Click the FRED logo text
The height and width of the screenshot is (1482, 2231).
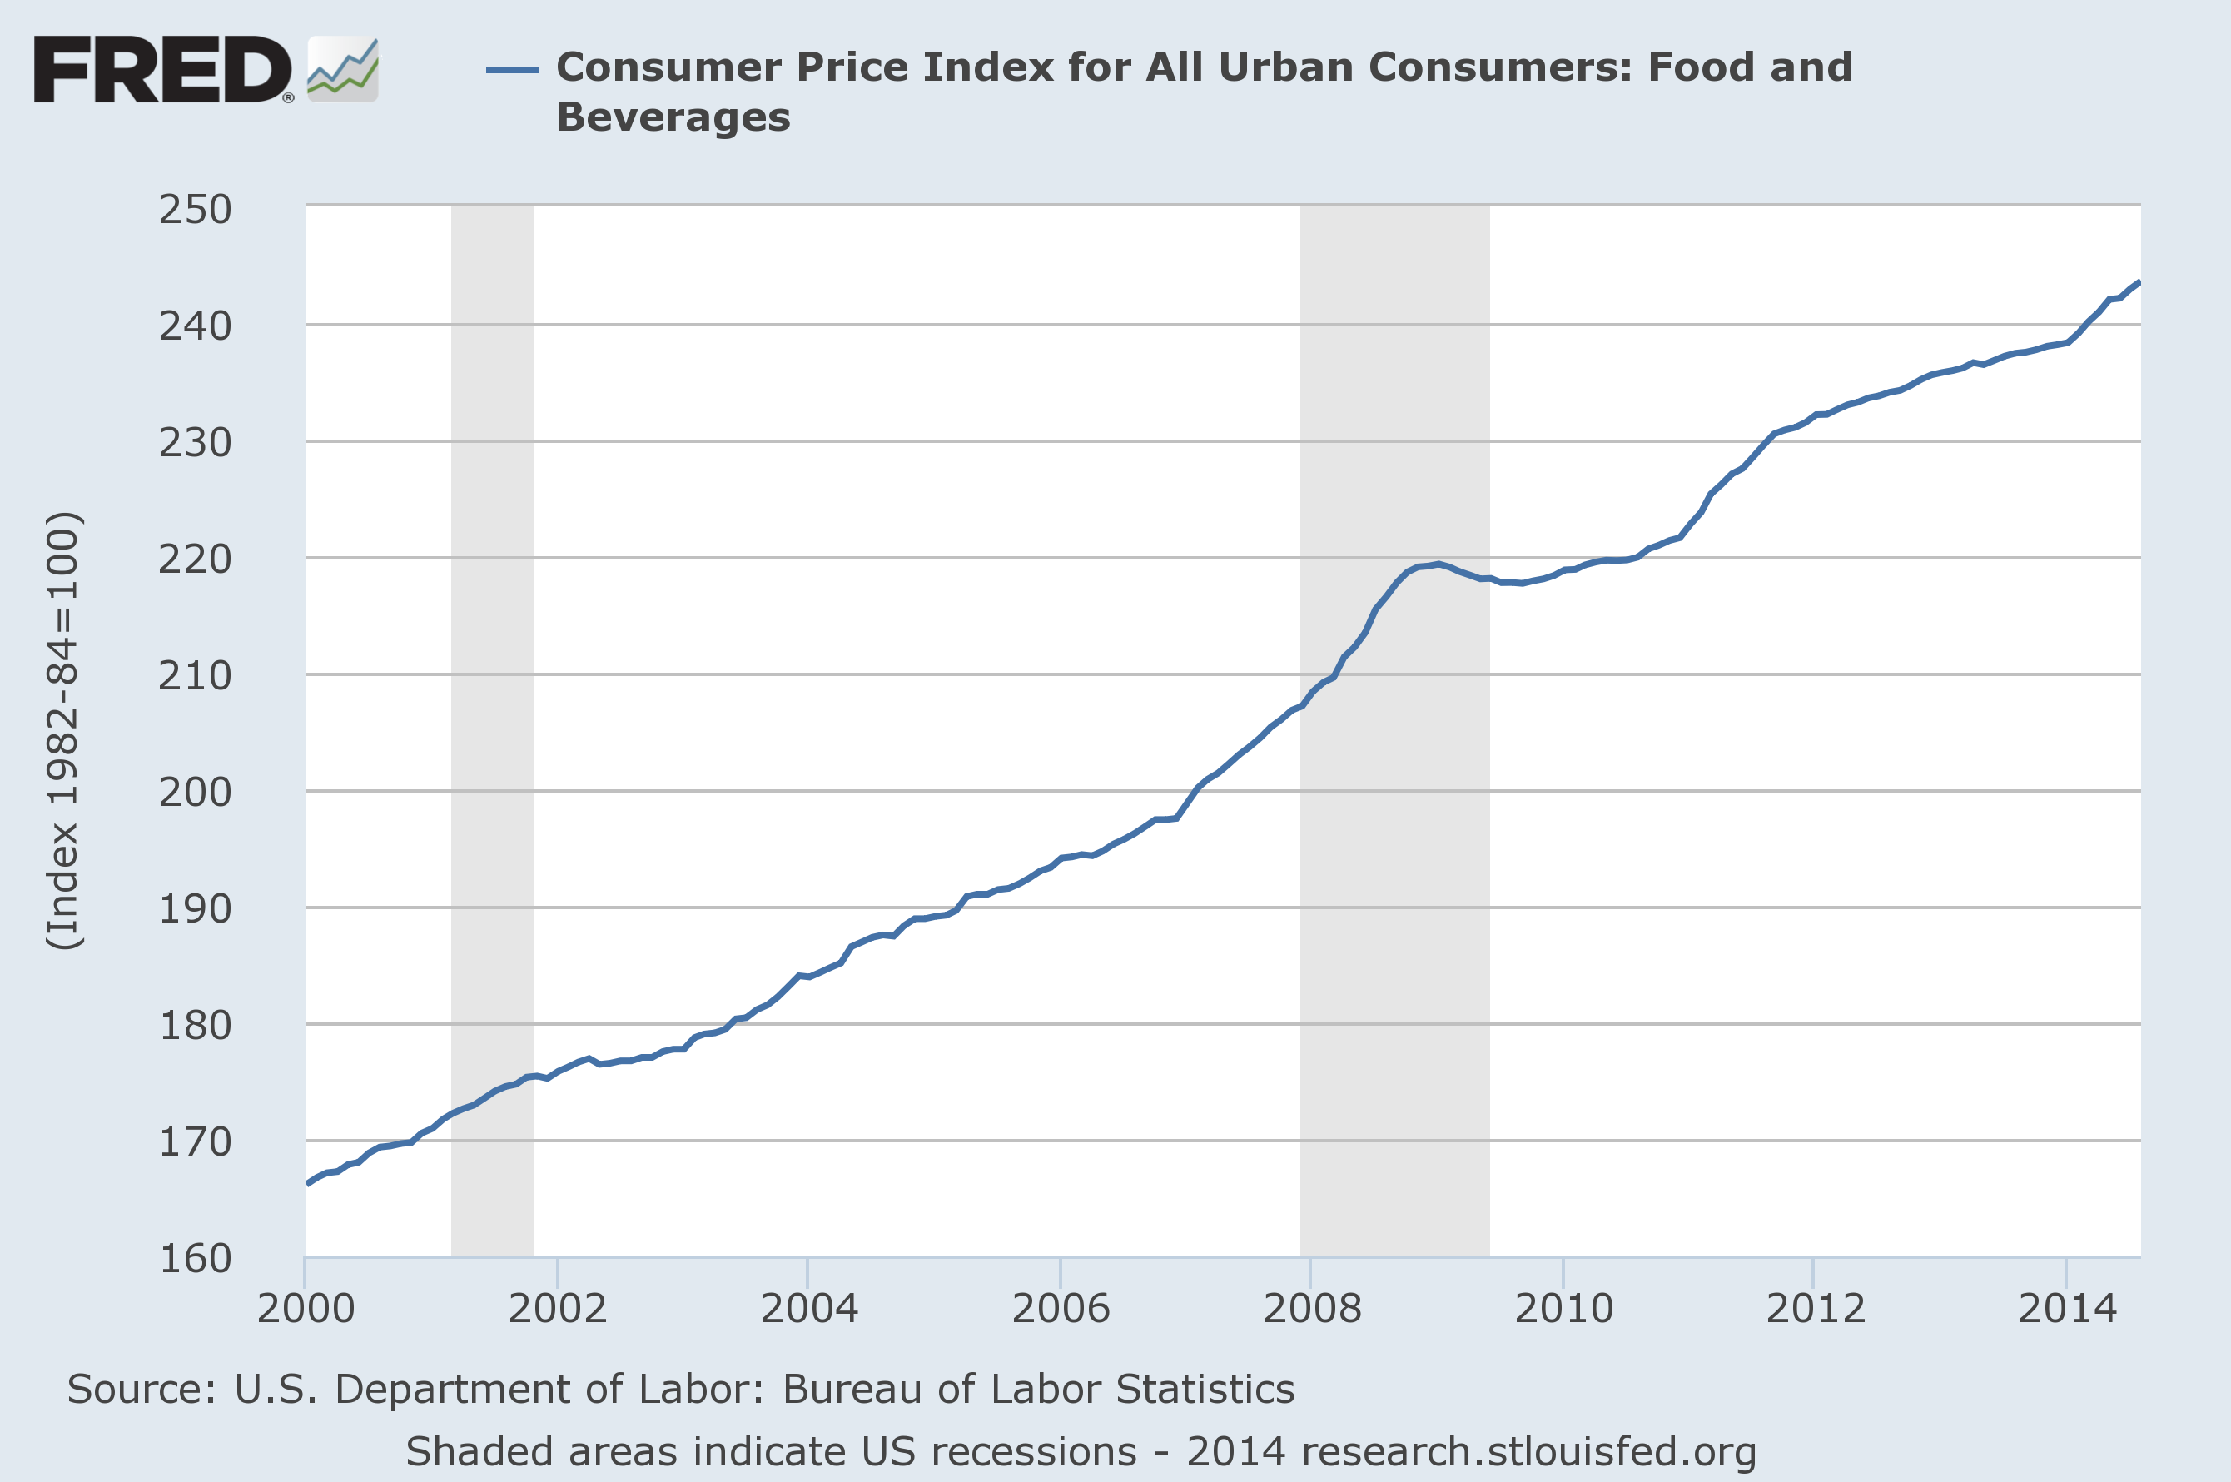(161, 69)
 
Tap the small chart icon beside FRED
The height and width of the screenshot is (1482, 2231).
(342, 69)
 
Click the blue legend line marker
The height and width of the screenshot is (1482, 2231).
(512, 69)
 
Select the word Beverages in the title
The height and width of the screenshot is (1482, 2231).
(673, 118)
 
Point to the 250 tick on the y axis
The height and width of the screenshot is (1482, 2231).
(195, 209)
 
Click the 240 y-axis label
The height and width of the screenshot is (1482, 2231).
(195, 326)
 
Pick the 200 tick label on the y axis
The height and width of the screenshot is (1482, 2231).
(195, 792)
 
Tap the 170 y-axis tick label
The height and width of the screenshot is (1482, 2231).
(195, 1141)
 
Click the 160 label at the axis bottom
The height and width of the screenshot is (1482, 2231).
(195, 1258)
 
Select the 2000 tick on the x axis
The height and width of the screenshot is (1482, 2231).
(306, 1308)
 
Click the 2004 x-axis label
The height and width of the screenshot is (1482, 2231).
(809, 1308)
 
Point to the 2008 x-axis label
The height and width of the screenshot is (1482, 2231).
(1312, 1308)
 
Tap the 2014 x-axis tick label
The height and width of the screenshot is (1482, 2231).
(2066, 1308)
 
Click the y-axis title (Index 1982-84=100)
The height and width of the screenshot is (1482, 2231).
(64, 729)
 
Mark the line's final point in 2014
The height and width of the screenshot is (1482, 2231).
(2139, 281)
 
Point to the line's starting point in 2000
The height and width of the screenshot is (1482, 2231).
(308, 1183)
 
